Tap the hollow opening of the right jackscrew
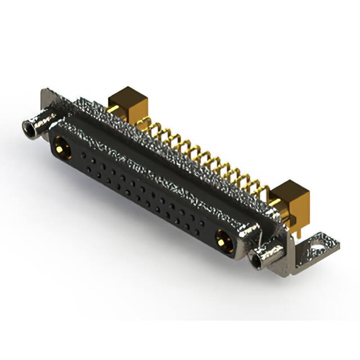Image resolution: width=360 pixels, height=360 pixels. click(x=258, y=259)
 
